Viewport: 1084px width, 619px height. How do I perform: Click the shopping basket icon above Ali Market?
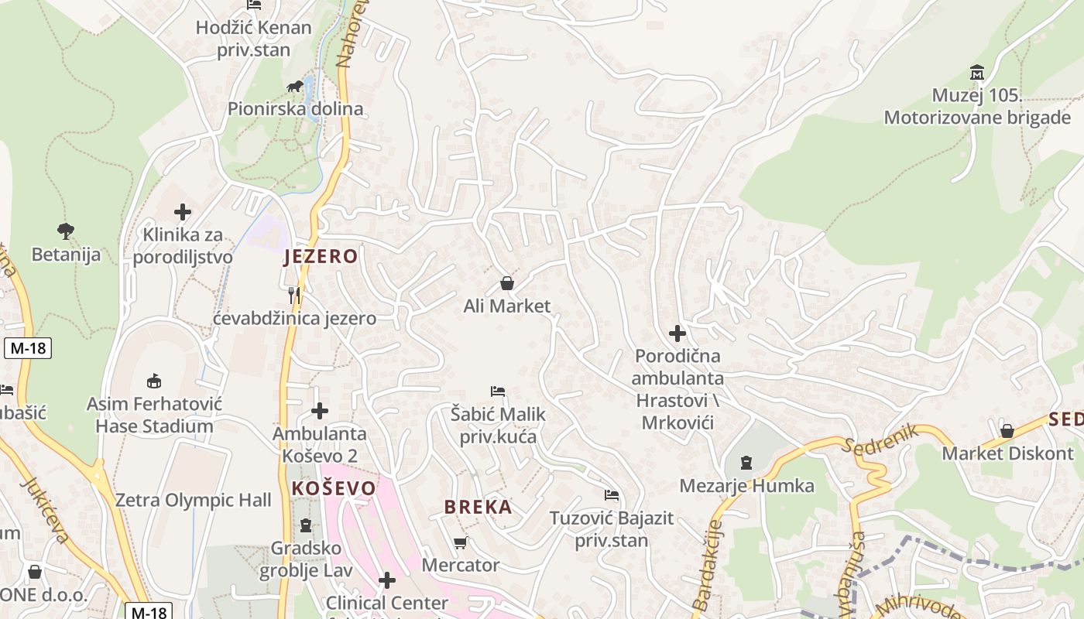[x=507, y=283]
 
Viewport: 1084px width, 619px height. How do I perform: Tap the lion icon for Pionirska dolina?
[x=295, y=86]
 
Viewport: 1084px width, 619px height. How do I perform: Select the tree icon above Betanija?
[x=66, y=230]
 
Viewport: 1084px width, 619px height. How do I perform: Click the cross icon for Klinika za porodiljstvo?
[x=183, y=211]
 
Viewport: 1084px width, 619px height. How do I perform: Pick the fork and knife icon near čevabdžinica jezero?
[x=294, y=295]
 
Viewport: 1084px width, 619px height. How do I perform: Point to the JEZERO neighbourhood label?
[x=321, y=257]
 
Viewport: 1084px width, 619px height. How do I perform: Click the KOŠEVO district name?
[x=334, y=488]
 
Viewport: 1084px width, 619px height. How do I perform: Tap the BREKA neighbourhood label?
[x=478, y=507]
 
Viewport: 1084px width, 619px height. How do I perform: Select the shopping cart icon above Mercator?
[x=461, y=542]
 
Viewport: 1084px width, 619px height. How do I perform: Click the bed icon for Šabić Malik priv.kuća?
[x=498, y=392]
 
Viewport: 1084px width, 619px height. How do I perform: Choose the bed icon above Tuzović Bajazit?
[x=612, y=494]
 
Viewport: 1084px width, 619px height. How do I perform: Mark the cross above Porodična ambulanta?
[x=677, y=333]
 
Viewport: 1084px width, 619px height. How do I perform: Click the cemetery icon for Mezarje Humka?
[x=746, y=463]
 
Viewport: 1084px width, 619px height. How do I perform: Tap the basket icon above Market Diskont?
[x=1007, y=430]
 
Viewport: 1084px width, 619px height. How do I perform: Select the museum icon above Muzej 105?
[x=977, y=73]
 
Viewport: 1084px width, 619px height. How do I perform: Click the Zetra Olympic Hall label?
[x=194, y=500]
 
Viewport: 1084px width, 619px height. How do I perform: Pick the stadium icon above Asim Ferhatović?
[x=154, y=380]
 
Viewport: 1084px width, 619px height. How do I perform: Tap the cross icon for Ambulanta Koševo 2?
[x=320, y=411]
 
